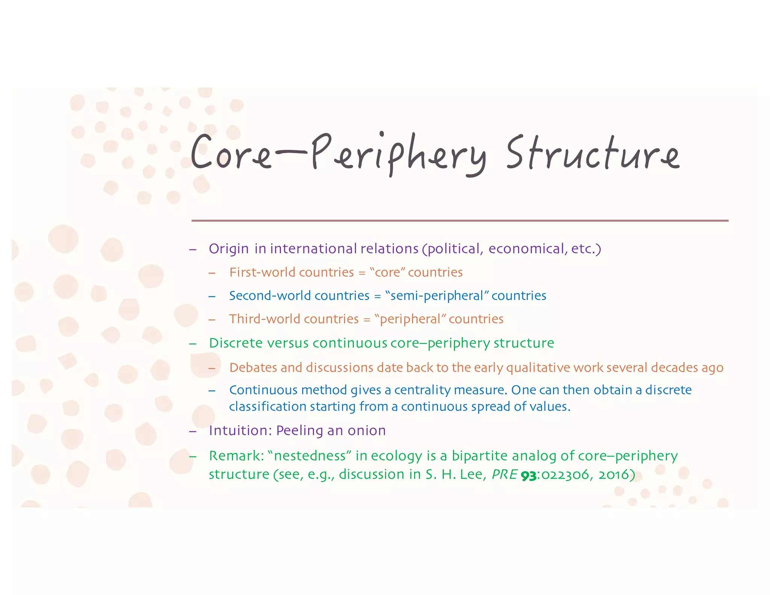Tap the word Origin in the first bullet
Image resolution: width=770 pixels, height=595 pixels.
coord(229,249)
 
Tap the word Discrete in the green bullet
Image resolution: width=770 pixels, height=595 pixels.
coord(235,343)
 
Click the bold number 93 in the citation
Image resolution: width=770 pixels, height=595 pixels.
coord(528,476)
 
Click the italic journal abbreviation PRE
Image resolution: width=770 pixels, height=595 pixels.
coord(505,475)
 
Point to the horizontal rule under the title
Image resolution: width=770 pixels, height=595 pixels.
coord(459,221)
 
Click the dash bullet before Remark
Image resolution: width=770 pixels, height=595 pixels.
coord(193,457)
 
